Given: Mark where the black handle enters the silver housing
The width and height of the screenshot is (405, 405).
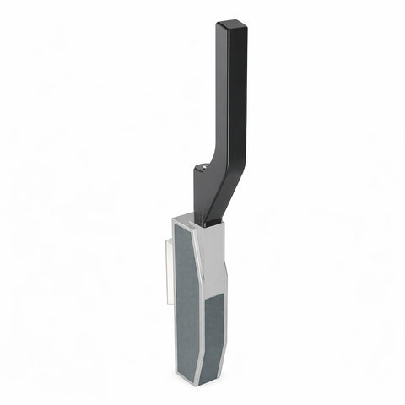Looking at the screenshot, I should coord(210,222).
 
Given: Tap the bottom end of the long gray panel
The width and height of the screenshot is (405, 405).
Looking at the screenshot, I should coord(197,366).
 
